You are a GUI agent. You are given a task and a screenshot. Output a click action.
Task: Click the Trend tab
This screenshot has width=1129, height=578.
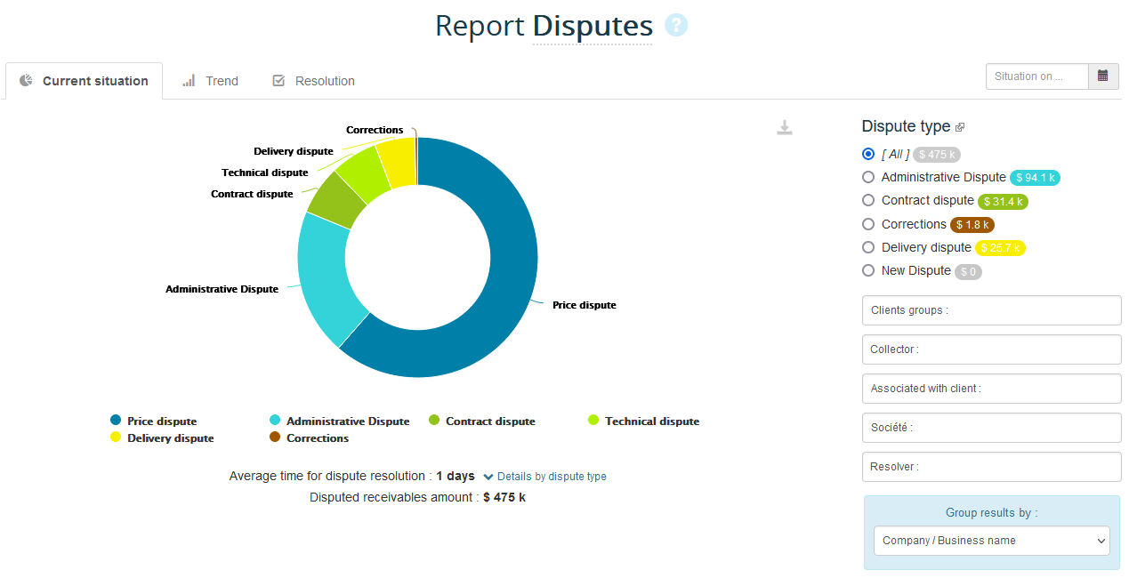[x=211, y=81]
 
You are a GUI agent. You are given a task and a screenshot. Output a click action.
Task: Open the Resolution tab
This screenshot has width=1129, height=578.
[x=314, y=81]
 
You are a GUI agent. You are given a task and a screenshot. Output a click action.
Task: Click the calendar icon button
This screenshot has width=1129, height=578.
[x=1102, y=76]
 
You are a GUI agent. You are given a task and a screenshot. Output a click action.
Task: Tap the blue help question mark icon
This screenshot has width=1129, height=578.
[x=676, y=26]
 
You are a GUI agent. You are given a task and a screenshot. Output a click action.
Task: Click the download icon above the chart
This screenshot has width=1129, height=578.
[x=784, y=128]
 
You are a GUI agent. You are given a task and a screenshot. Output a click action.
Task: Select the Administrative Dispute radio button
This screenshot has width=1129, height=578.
[x=868, y=178]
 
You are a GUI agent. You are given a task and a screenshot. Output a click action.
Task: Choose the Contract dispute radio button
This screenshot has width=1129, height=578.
[x=868, y=201]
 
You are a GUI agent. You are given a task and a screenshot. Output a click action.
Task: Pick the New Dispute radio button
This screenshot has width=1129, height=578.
[x=868, y=270]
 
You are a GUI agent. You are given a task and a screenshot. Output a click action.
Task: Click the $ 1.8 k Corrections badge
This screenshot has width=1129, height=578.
[x=972, y=225]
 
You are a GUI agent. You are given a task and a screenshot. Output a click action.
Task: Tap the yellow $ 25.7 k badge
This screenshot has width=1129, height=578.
[x=1000, y=248]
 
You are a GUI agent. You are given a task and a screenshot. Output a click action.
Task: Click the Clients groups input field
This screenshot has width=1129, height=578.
[x=991, y=310]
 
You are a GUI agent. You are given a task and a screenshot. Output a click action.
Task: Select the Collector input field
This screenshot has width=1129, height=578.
[x=991, y=349]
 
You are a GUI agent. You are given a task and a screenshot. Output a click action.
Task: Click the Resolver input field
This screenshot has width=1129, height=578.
[x=991, y=467]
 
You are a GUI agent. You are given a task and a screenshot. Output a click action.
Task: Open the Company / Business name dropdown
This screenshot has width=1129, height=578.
[x=991, y=541]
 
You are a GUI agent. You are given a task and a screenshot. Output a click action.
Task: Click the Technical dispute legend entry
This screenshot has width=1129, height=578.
[x=651, y=421]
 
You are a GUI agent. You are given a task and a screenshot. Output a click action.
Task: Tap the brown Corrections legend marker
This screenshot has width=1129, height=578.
[x=275, y=438]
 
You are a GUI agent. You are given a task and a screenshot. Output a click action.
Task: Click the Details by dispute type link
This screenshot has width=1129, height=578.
[x=551, y=477]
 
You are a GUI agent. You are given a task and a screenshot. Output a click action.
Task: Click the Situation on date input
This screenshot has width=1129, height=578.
[x=1036, y=76]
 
